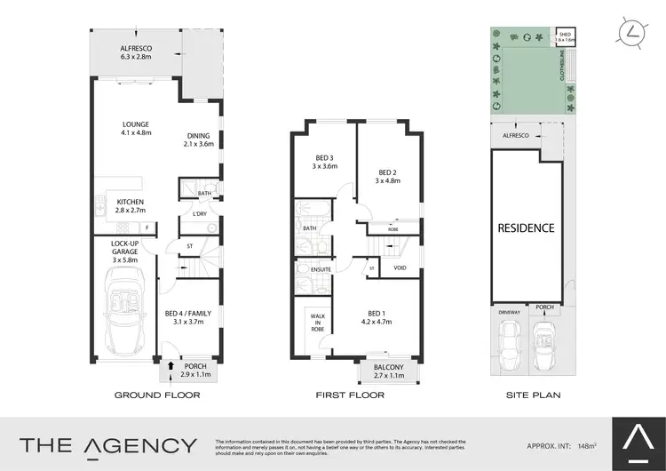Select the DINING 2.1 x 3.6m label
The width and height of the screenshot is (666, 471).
coord(199,140)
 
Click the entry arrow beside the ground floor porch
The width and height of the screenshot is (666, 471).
coord(170,363)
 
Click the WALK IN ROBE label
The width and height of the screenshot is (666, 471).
coord(317,322)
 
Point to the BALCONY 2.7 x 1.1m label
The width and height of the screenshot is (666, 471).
coord(388,371)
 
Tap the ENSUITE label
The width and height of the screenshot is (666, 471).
coord(321,269)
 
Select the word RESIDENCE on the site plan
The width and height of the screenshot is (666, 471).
coord(526,228)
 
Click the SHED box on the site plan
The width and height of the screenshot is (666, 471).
coord(565,37)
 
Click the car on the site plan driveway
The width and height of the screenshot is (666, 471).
coord(509,342)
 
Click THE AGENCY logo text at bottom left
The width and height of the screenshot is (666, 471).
coord(108,445)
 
